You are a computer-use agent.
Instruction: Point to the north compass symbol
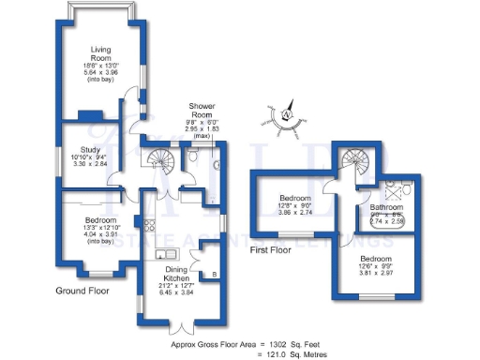(x=286, y=116)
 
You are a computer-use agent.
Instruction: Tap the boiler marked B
(x=217, y=275)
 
